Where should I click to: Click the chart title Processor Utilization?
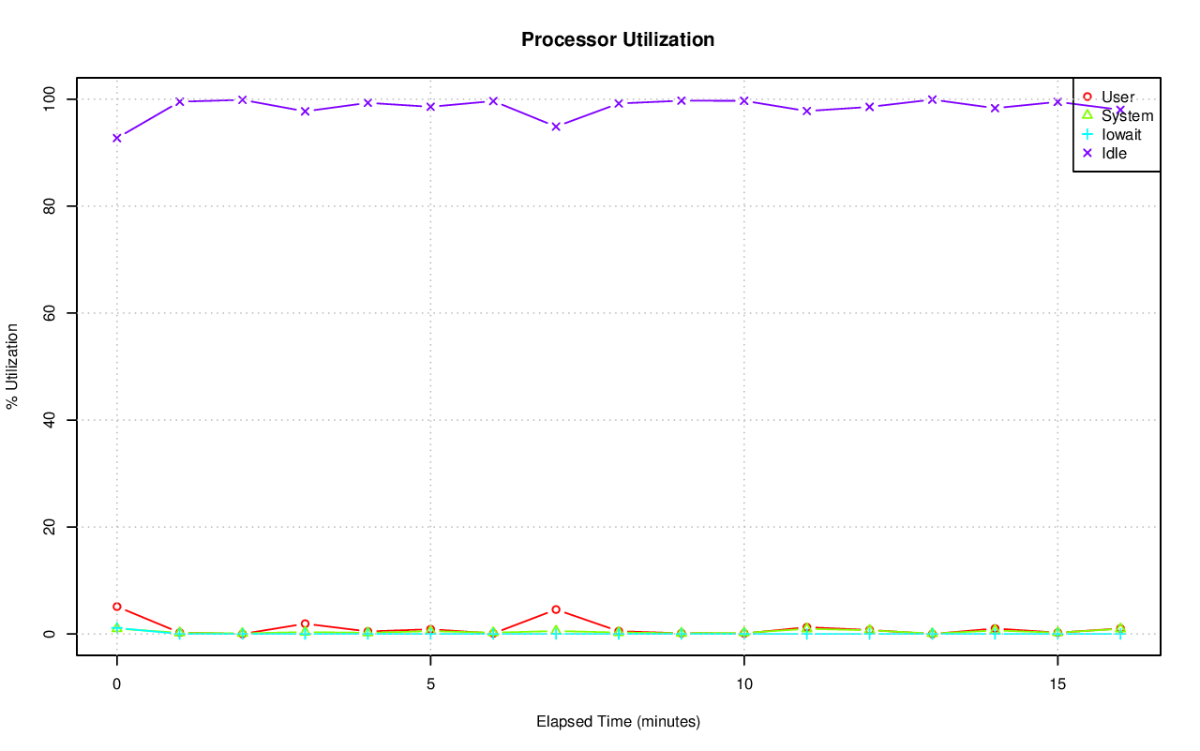click(618, 39)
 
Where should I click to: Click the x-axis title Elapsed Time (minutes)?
click(618, 722)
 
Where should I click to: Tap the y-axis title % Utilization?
click(12, 366)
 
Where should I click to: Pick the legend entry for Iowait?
click(1121, 134)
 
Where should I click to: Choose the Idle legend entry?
click(1114, 153)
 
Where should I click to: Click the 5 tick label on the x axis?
click(430, 683)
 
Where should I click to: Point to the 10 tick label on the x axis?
click(743, 683)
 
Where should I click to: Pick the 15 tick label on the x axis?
click(1057, 683)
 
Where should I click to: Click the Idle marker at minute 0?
click(117, 138)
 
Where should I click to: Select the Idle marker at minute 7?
click(556, 126)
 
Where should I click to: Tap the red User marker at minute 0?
click(117, 607)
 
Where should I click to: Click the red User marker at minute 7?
click(556, 609)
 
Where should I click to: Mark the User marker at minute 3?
click(305, 623)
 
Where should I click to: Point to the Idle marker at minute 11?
click(806, 111)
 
